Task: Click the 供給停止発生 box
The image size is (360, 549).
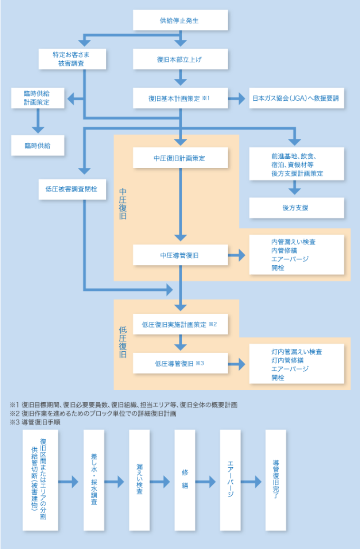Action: [x=180, y=20]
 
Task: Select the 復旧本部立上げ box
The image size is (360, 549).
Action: [x=180, y=59]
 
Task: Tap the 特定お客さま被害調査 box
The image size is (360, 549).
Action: [x=72, y=59]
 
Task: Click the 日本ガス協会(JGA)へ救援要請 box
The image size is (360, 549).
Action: [x=296, y=98]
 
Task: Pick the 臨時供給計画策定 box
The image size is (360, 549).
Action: [x=38, y=98]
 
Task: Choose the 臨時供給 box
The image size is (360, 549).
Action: [x=38, y=145]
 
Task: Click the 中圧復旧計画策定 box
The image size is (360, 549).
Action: [x=180, y=157]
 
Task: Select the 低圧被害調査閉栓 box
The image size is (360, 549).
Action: [x=72, y=189]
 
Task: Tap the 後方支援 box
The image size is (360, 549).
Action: [x=296, y=208]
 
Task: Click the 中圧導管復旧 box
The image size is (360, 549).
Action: [x=180, y=255]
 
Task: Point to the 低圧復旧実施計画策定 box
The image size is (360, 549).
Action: [x=180, y=324]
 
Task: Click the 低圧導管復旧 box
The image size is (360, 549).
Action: [x=180, y=363]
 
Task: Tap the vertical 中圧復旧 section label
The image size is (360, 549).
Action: [x=123, y=203]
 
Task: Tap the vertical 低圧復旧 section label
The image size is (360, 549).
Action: [x=123, y=342]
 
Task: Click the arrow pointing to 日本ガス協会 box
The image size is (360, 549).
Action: [x=237, y=98]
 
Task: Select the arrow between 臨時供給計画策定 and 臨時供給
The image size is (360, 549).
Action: [x=38, y=121]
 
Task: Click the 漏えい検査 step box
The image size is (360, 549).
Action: [x=139, y=480]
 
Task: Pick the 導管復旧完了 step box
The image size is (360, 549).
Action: [x=275, y=480]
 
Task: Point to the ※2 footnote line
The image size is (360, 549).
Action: [x=93, y=414]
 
